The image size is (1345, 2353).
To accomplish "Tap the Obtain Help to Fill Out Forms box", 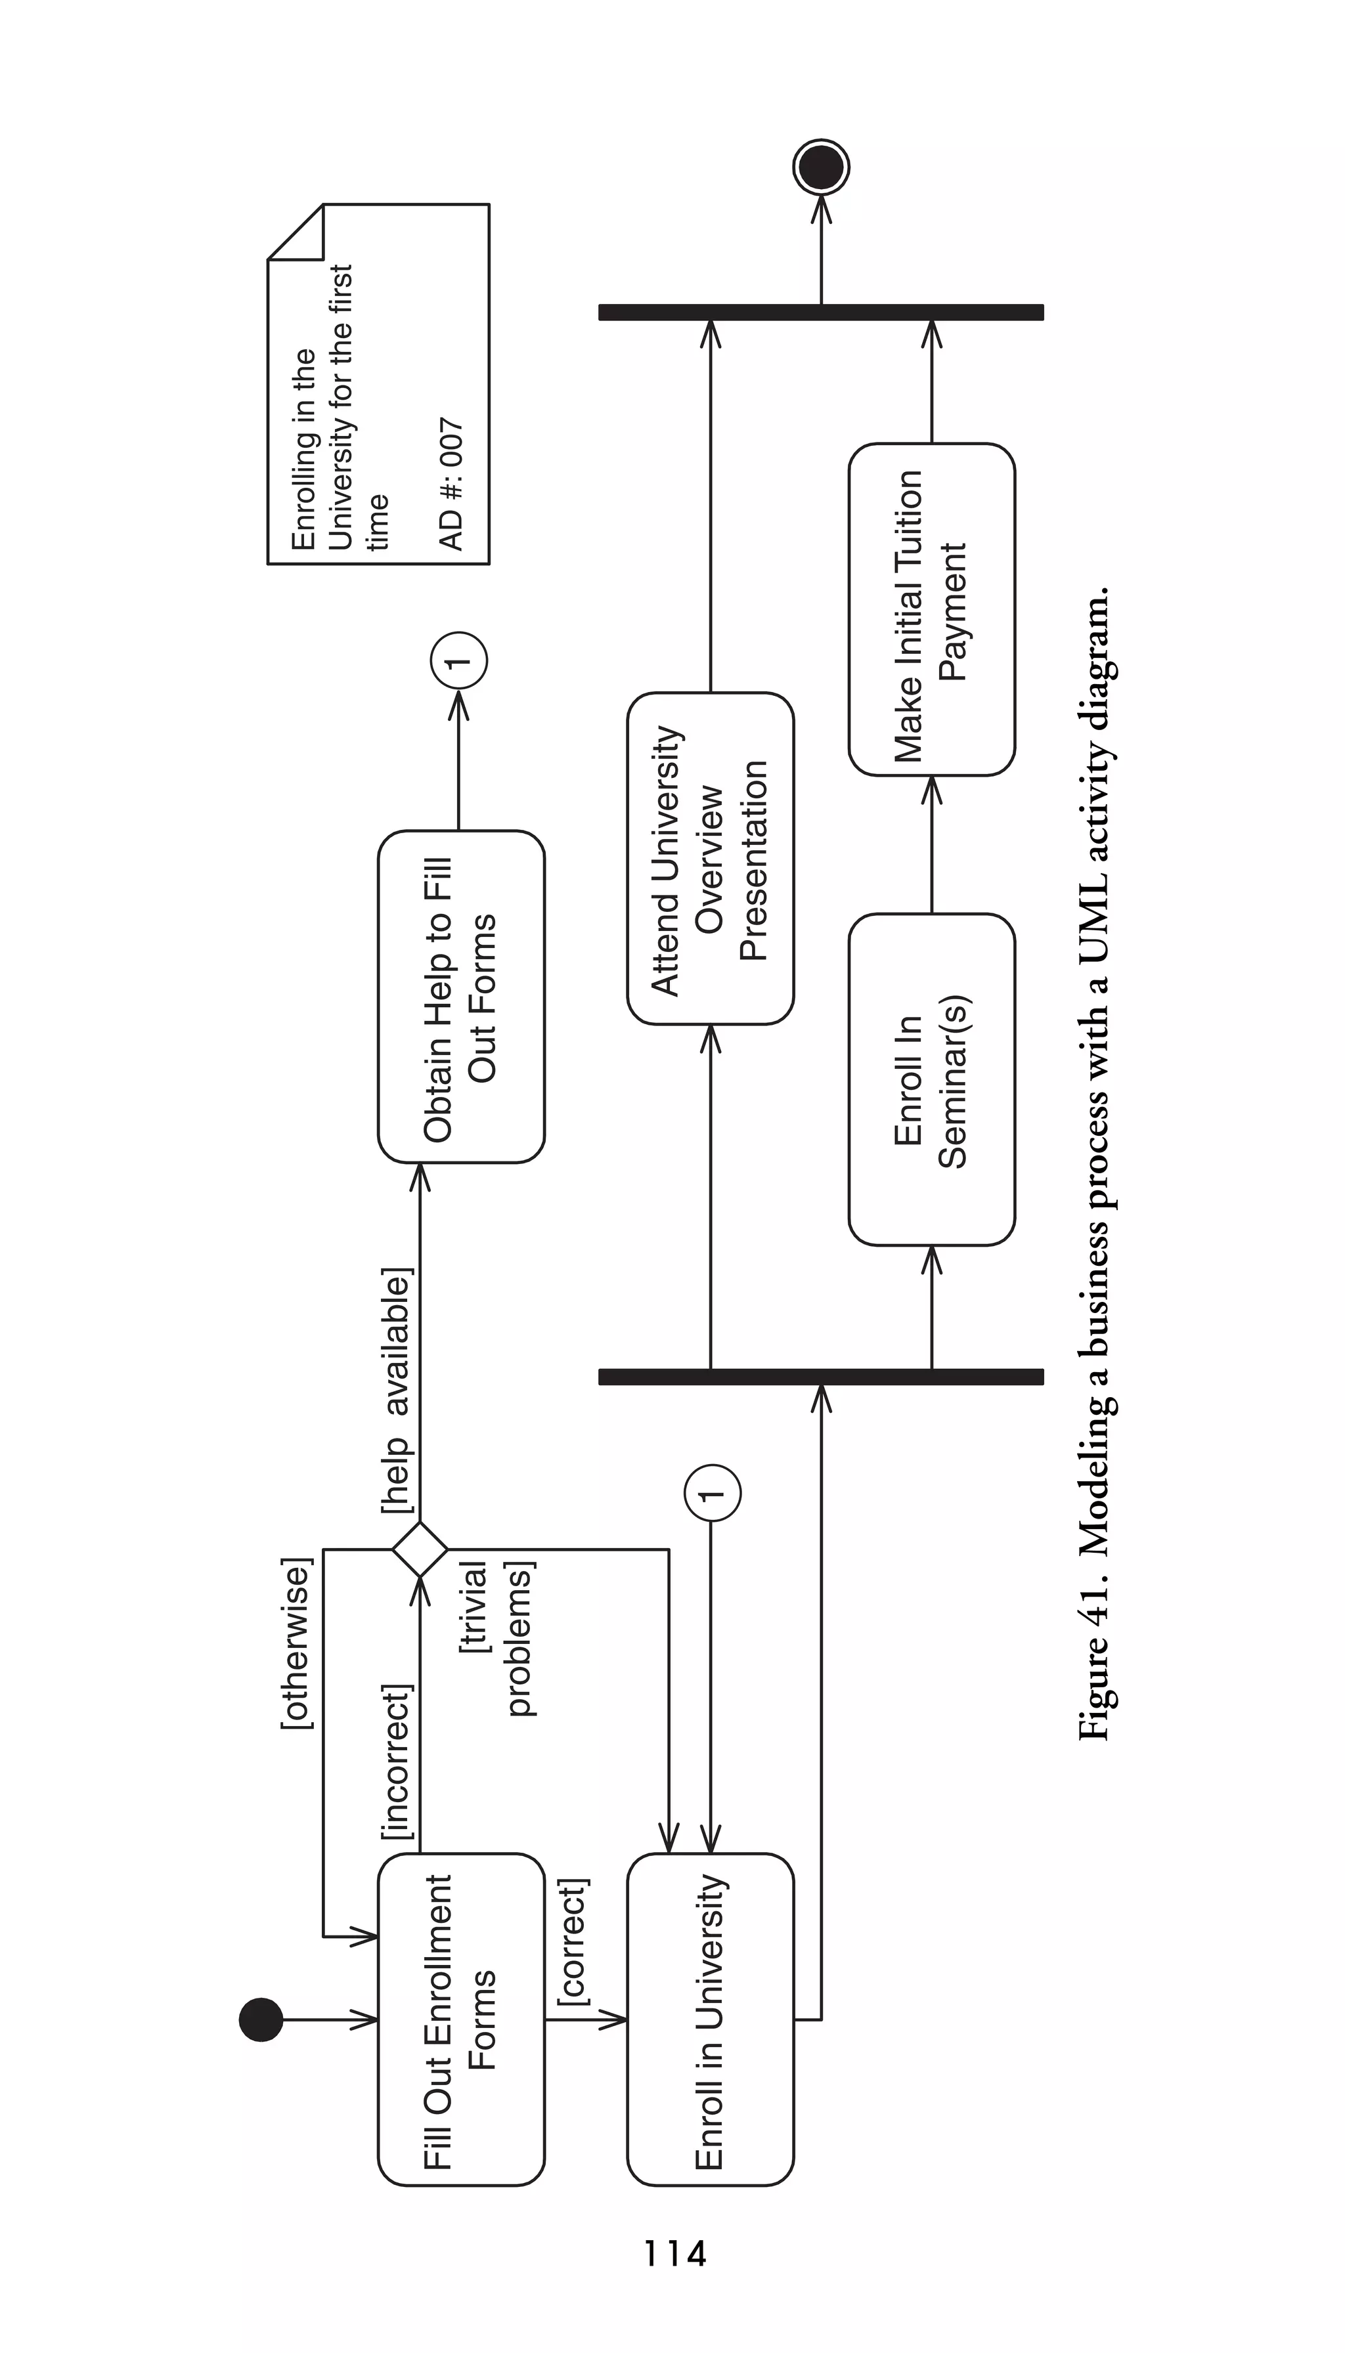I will pos(461,997).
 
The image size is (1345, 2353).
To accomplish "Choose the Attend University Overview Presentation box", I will pos(709,858).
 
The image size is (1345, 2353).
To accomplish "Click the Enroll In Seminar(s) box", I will pos(931,1079).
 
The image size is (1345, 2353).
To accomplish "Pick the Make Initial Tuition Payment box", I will pos(931,609).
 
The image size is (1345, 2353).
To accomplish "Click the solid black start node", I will pos(261,2019).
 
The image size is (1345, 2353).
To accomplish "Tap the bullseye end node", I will pos(820,167).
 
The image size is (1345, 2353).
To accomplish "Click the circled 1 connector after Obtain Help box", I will pos(458,660).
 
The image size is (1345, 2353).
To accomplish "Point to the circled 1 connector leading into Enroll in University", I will pos(711,1492).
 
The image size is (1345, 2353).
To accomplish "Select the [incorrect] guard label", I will pos(397,1761).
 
